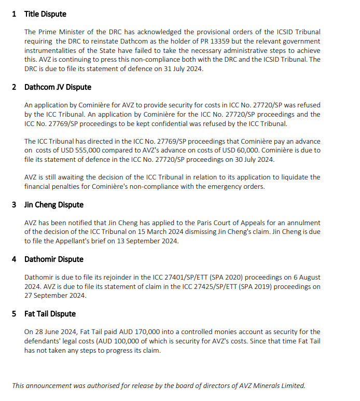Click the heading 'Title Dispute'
coord(45,14)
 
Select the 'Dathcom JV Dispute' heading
coord(58,87)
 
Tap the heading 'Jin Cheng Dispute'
coord(53,205)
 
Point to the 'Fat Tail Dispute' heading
coord(50,314)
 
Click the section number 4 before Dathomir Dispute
coord(14,259)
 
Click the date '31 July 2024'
coord(183,69)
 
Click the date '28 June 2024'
coord(57,331)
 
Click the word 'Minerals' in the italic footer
coord(266,385)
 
